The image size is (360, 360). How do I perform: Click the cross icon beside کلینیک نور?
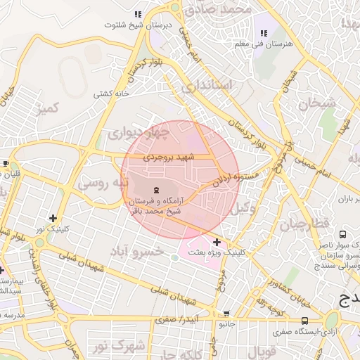click(53, 218)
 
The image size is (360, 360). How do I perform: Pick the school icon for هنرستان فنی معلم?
click(264, 33)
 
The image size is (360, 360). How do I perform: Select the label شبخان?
click(317, 103)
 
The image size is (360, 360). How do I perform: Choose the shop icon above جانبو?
click(226, 314)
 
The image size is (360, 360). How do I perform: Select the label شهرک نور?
click(120, 345)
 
